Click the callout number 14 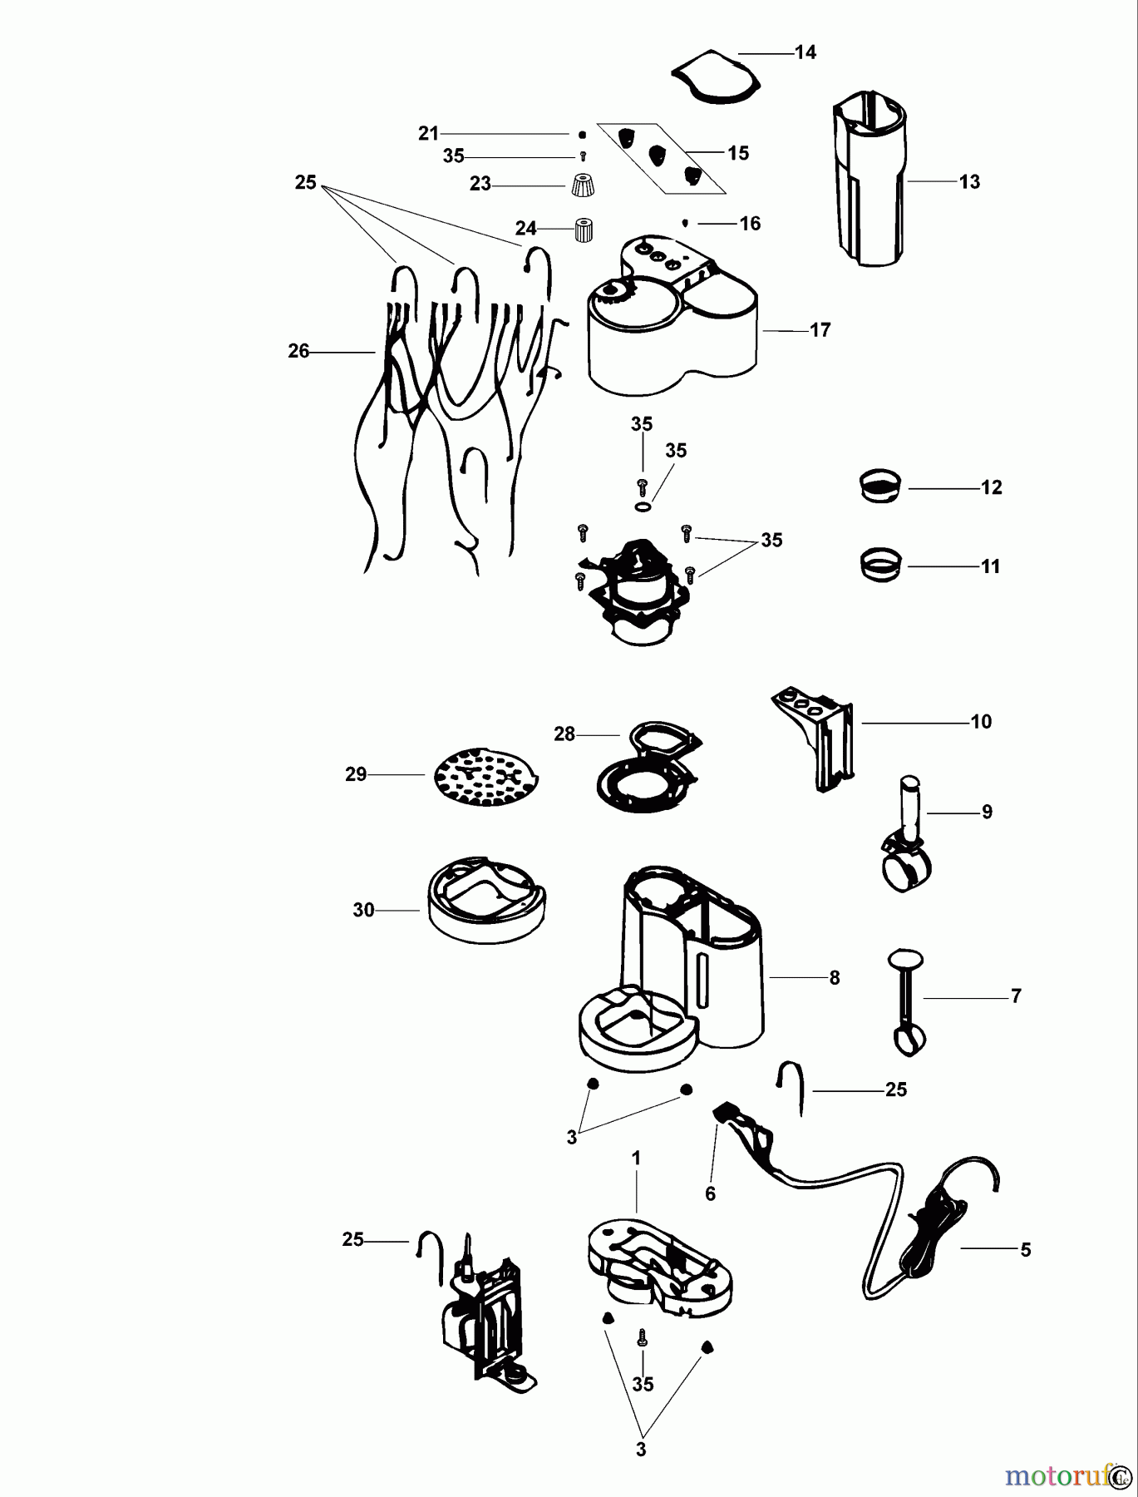tap(805, 52)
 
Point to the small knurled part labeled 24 tap(584, 229)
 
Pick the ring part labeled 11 tap(879, 565)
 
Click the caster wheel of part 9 tap(904, 873)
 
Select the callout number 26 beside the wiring tap(298, 352)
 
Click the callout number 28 tap(564, 734)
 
